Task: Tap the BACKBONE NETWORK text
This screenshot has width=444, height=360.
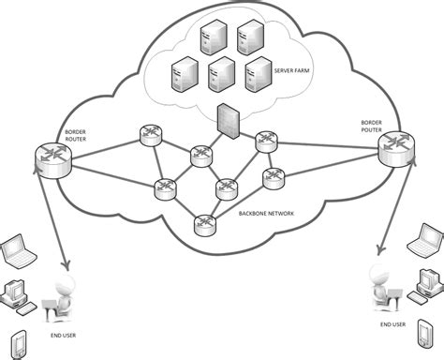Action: coord(267,215)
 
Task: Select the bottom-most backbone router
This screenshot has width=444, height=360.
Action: coord(204,225)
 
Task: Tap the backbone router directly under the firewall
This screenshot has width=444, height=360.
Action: coord(202,157)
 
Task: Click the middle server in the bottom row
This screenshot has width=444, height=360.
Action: coord(221,73)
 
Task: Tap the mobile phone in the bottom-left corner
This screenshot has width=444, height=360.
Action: coord(16,341)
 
